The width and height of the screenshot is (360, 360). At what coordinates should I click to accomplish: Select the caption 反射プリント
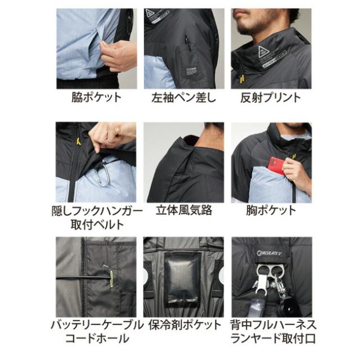(271, 97)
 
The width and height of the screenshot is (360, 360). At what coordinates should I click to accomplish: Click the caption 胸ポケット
(271, 211)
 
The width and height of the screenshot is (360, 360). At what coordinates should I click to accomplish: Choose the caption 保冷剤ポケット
(183, 325)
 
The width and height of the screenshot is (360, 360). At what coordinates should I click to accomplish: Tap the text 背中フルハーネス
(271, 325)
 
